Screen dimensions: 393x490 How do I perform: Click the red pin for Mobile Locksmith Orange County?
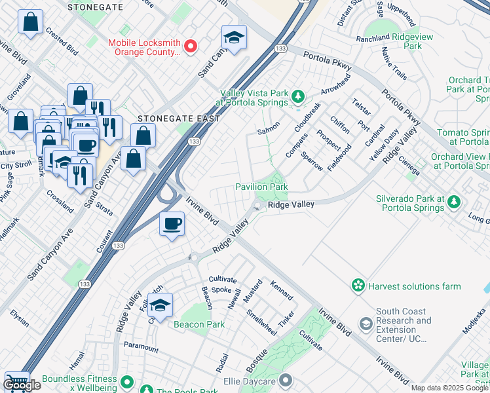click(191, 46)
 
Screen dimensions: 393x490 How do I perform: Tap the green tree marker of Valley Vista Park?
click(298, 97)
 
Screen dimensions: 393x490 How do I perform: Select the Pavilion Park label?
click(261, 187)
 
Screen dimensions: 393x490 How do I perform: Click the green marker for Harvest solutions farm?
click(358, 286)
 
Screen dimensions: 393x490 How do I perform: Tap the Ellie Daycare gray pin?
click(285, 379)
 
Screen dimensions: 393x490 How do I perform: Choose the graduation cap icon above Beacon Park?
click(160, 305)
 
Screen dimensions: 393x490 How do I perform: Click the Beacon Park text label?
click(199, 324)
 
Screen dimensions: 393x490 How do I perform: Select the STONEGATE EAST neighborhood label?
click(169, 119)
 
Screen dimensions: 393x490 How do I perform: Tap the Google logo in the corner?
click(22, 385)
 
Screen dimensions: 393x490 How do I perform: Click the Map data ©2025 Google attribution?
click(449, 388)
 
